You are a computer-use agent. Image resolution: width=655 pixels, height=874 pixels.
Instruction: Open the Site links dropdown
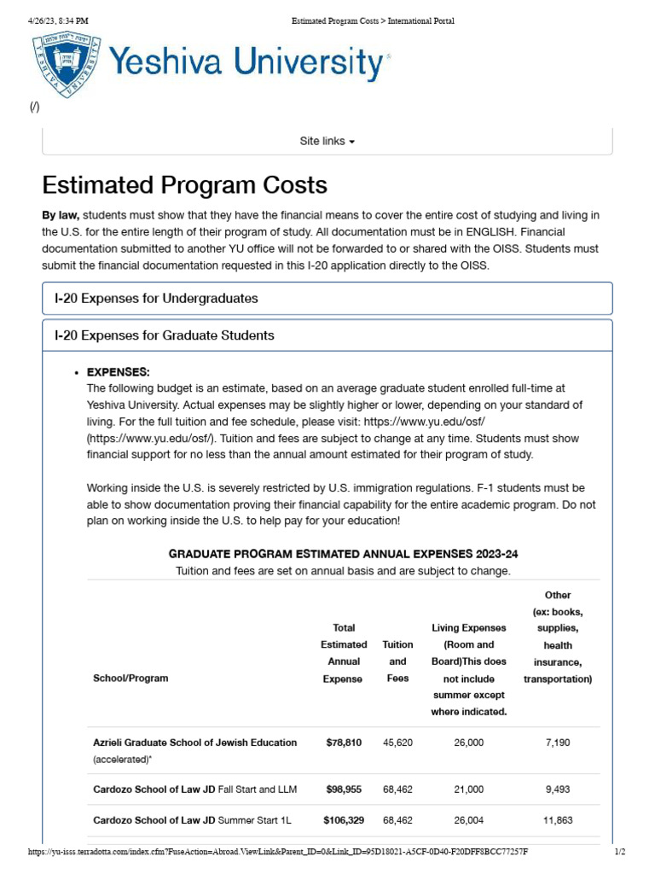tap(327, 141)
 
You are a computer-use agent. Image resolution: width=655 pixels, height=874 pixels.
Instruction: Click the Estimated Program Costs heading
tap(184, 185)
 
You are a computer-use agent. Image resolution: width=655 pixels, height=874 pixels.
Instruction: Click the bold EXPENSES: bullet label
tap(118, 372)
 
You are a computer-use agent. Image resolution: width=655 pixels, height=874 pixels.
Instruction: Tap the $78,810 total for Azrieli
tap(343, 743)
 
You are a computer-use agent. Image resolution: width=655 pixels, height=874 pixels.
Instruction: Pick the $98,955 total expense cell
tap(343, 790)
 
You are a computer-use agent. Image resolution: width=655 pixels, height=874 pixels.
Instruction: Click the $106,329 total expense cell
tap(343, 820)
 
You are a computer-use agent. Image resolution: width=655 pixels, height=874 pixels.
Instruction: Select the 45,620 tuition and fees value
tap(397, 743)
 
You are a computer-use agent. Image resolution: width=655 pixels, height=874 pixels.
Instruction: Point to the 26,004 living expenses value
tap(468, 820)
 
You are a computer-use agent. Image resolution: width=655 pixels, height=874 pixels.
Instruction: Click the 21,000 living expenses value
tap(468, 790)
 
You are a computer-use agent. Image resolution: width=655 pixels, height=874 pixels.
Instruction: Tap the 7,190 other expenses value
tap(557, 743)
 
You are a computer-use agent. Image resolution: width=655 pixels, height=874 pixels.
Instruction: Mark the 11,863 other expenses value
tap(557, 820)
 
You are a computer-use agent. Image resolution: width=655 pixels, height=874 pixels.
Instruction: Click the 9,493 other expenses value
tap(557, 790)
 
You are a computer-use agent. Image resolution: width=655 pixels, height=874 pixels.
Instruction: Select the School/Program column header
tap(130, 679)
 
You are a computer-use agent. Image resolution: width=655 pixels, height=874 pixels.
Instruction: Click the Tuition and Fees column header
tap(397, 661)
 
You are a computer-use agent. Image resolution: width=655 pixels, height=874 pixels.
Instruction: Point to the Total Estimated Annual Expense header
tap(343, 653)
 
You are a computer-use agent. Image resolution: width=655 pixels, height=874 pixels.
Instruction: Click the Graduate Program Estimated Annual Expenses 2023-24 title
tap(343, 553)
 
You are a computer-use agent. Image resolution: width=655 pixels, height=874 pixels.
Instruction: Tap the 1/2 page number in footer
tap(620, 852)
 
